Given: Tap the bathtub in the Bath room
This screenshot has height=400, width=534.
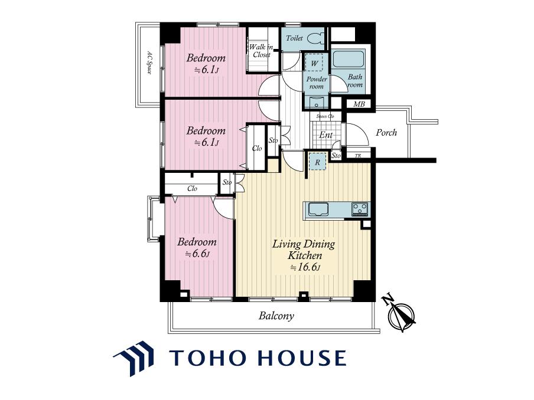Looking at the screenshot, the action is click(x=348, y=59).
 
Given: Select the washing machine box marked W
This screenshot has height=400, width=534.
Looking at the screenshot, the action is click(x=315, y=63).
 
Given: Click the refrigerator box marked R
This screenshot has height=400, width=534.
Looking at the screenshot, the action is click(x=317, y=162).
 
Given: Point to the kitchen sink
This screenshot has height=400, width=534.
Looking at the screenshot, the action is click(x=318, y=209).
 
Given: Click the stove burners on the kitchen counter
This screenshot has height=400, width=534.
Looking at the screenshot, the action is click(x=360, y=208).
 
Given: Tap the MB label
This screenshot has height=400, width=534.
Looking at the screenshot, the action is click(x=359, y=104).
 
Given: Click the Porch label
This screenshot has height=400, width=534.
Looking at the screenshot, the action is click(x=386, y=132).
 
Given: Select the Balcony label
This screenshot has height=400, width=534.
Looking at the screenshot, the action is click(x=276, y=316).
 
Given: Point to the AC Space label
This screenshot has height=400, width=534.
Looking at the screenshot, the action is click(x=149, y=63).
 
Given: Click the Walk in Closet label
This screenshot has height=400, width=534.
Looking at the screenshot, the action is click(x=261, y=51).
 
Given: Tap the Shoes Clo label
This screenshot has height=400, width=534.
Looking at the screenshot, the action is click(x=325, y=116).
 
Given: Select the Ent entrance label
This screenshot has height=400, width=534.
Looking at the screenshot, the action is click(x=325, y=135).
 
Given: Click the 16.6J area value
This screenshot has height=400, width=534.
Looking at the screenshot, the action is click(x=305, y=267).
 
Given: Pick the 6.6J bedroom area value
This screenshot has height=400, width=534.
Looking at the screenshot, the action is click(x=197, y=254).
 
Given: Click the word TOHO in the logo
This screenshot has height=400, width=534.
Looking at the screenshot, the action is click(x=209, y=358).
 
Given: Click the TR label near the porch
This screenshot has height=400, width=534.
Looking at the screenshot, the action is click(x=357, y=156).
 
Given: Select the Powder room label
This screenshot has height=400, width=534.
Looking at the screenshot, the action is click(x=317, y=83).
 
